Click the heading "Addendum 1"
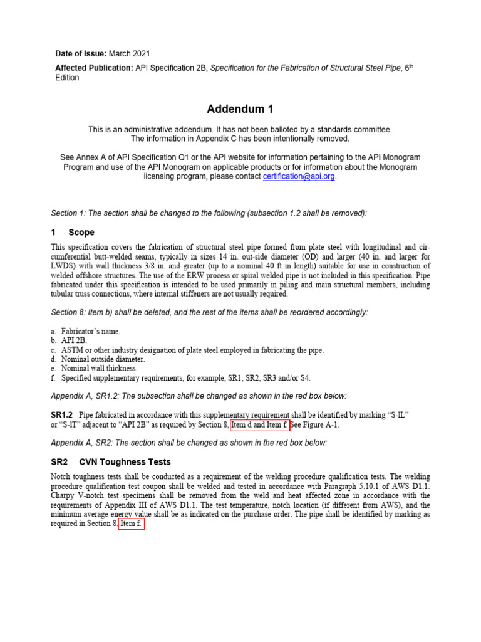coord(240,109)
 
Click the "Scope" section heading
coord(81,232)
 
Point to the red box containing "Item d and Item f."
coord(260,425)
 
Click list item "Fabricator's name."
coord(91,331)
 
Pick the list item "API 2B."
coord(74,340)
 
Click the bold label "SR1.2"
coord(62,416)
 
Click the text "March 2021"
coord(130,54)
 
